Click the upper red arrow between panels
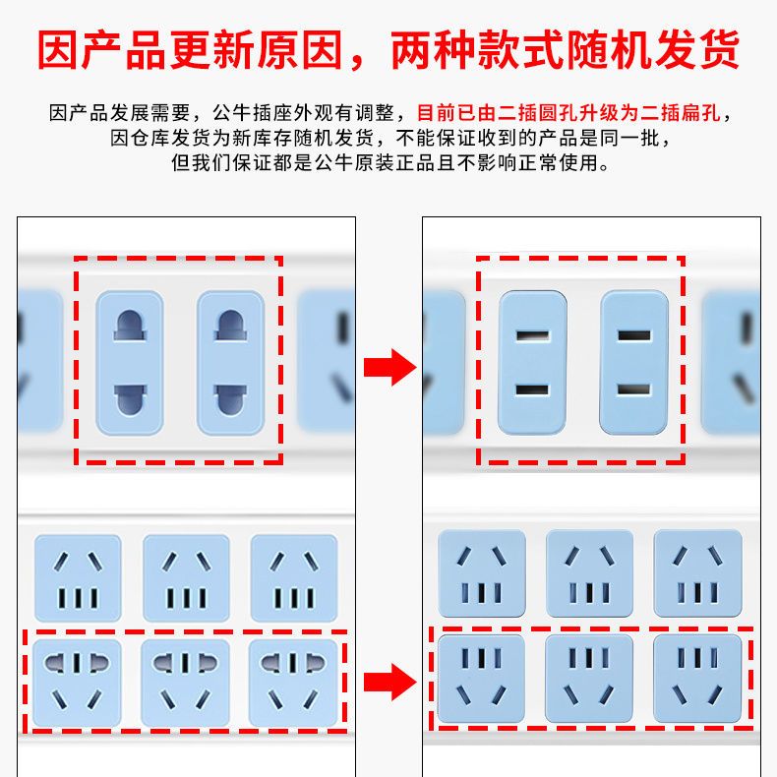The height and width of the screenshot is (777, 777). (x=389, y=367)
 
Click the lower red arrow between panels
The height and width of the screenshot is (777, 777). (x=389, y=682)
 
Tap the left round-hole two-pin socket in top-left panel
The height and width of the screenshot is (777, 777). (x=129, y=363)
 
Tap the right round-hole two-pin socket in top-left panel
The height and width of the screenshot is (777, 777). (x=230, y=363)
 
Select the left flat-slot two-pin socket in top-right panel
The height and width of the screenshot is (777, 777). (x=532, y=363)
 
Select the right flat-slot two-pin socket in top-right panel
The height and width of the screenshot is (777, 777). (x=633, y=363)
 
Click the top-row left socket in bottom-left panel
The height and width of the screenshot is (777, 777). (x=77, y=577)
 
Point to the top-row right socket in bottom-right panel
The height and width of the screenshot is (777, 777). (x=696, y=573)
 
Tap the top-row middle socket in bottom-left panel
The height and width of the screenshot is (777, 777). (x=185, y=577)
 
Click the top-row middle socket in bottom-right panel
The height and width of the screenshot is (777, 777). (x=588, y=573)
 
